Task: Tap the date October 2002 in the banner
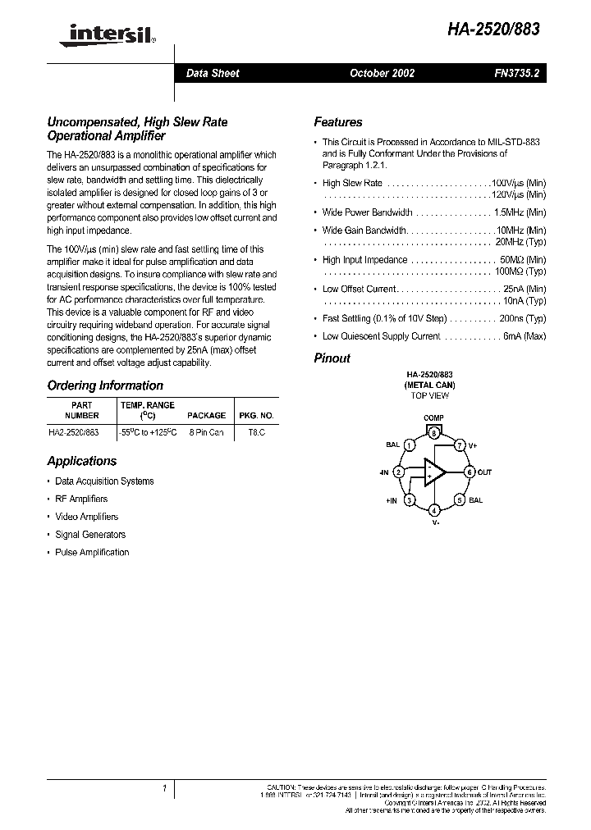(x=382, y=73)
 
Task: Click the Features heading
(x=337, y=122)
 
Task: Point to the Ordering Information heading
(x=105, y=385)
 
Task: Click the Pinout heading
(x=332, y=358)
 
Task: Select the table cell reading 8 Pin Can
(x=204, y=431)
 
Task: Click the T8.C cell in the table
(x=256, y=431)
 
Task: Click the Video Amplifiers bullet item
(x=86, y=517)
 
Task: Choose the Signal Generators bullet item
(x=90, y=535)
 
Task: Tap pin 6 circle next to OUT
(x=470, y=472)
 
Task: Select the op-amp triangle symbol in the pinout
(x=433, y=472)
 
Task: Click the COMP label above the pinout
(x=433, y=418)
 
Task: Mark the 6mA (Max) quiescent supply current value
(x=523, y=336)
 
